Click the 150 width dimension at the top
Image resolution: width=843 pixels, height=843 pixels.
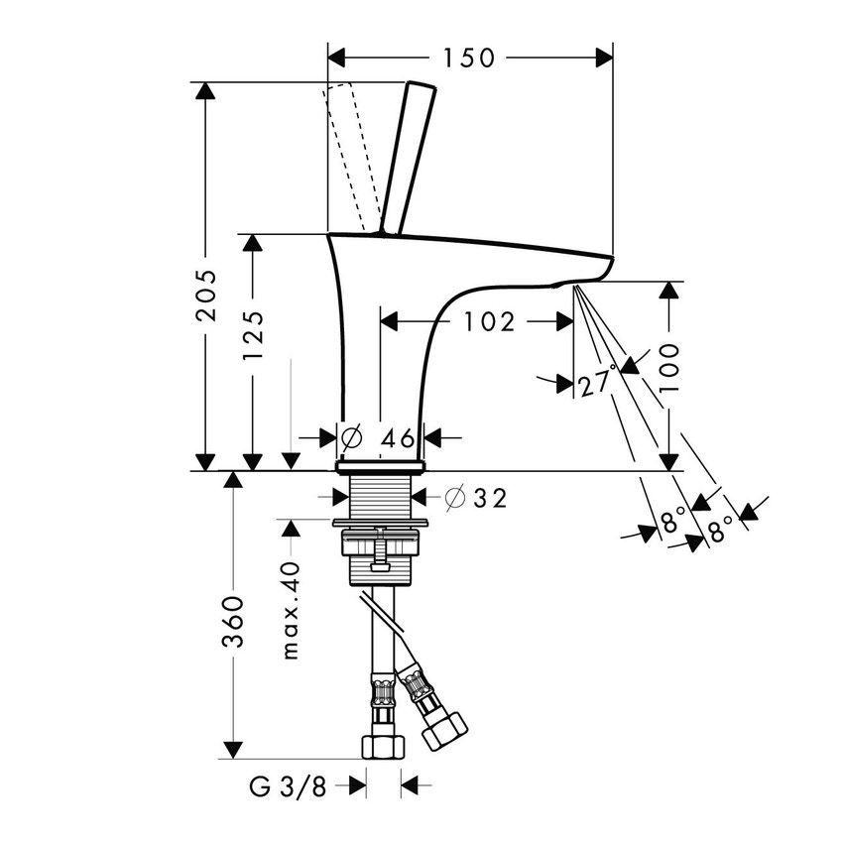pos(468,58)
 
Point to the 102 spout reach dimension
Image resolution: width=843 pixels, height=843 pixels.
pos(489,321)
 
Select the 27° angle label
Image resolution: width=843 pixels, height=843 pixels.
pos(597,380)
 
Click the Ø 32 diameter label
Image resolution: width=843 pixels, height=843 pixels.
pos(476,499)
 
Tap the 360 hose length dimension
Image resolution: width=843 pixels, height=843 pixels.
pos(233,622)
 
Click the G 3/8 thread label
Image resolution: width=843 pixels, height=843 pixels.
pos(289,786)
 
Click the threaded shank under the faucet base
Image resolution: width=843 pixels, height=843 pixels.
pos(381,496)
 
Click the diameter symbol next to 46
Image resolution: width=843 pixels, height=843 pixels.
pos(350,437)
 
